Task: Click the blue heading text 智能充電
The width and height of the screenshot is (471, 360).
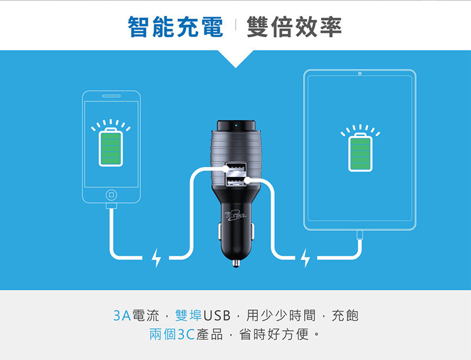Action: [x=175, y=27]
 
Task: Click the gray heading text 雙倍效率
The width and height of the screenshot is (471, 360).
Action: [x=294, y=27]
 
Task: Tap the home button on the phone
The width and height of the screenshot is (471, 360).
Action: [x=111, y=195]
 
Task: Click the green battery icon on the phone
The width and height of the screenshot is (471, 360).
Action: [x=111, y=146]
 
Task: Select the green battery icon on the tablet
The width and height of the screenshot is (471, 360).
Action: [x=360, y=152]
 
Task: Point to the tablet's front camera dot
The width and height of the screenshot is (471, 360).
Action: [x=360, y=74]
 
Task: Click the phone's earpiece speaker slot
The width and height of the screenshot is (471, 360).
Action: [x=111, y=96]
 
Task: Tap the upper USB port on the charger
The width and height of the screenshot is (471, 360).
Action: [x=236, y=167]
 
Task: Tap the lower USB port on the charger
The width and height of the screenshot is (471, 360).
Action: [x=236, y=181]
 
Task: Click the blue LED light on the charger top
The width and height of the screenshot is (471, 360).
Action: [x=236, y=125]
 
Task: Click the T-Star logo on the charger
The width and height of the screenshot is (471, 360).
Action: [x=236, y=216]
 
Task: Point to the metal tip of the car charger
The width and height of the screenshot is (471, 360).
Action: [x=236, y=263]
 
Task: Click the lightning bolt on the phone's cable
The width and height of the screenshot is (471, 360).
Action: [x=156, y=258]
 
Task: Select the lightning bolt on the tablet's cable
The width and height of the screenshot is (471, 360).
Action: [x=305, y=258]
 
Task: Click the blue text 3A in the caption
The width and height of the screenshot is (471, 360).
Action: [x=122, y=316]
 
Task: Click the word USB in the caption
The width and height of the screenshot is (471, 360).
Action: [x=217, y=316]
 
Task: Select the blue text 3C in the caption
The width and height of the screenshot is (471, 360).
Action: [x=187, y=335]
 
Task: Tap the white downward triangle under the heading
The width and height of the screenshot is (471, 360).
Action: [x=236, y=59]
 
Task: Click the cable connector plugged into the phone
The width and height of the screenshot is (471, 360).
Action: [x=111, y=206]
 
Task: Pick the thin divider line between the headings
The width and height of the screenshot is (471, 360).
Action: [x=235, y=25]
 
